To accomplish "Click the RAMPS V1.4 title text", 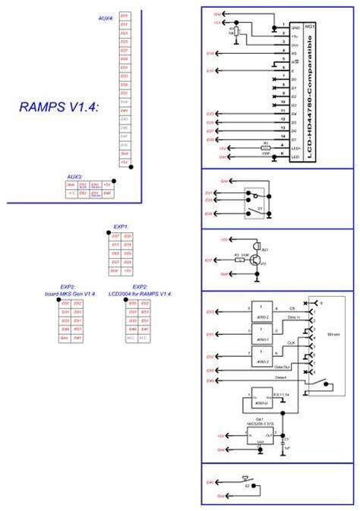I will pos(58,107).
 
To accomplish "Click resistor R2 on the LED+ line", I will pos(265,148).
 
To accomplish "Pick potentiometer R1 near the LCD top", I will pos(237,33).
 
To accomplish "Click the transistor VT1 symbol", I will pos(257,259).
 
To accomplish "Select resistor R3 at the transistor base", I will pos(240,259).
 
